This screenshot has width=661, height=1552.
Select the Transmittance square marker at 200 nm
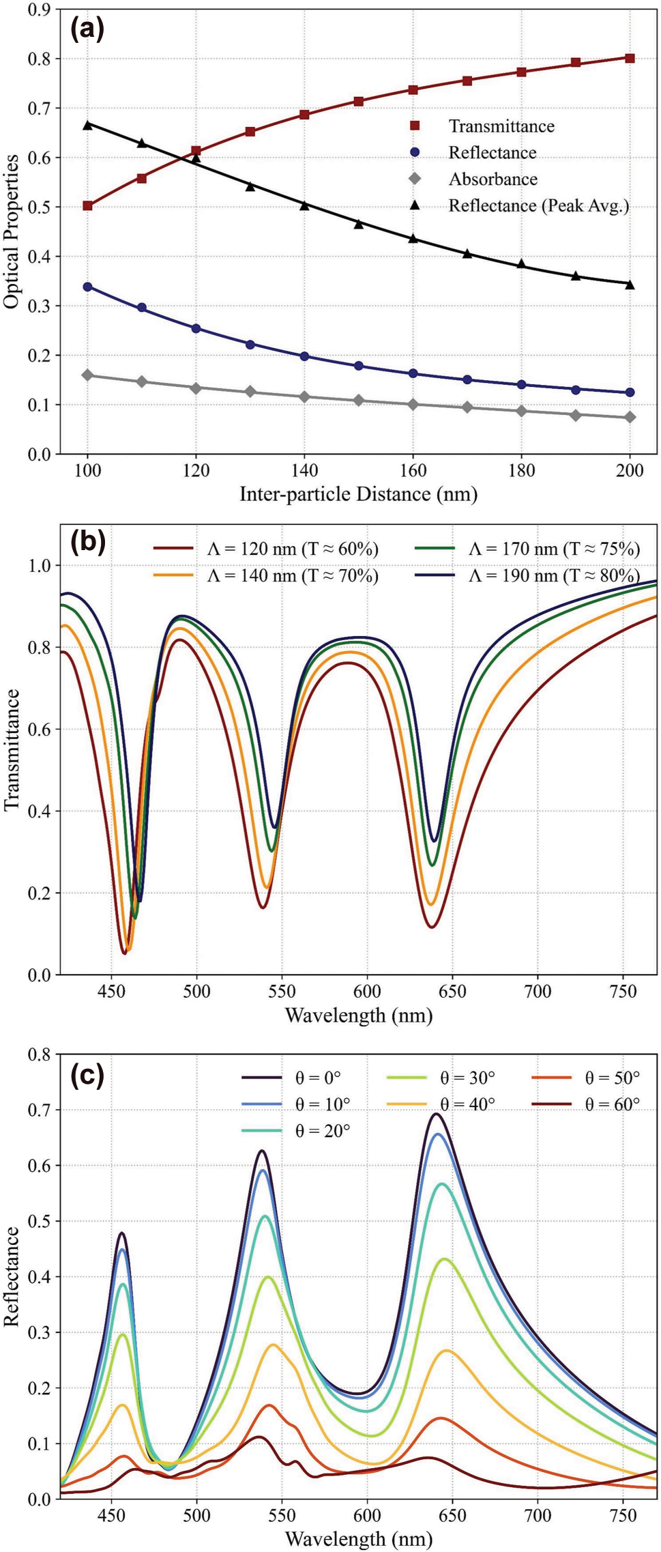630,59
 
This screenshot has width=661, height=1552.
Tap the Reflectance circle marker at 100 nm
87,287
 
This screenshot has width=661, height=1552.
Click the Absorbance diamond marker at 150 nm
359,401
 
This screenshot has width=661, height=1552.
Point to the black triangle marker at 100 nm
87,125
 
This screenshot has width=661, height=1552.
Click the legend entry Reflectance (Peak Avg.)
538,205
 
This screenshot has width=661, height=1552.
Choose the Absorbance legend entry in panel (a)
493,179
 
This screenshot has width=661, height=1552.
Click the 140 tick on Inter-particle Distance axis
304,471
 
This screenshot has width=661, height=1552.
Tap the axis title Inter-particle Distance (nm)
358,493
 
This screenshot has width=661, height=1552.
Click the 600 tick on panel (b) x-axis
367,990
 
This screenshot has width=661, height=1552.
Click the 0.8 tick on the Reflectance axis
40,1054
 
